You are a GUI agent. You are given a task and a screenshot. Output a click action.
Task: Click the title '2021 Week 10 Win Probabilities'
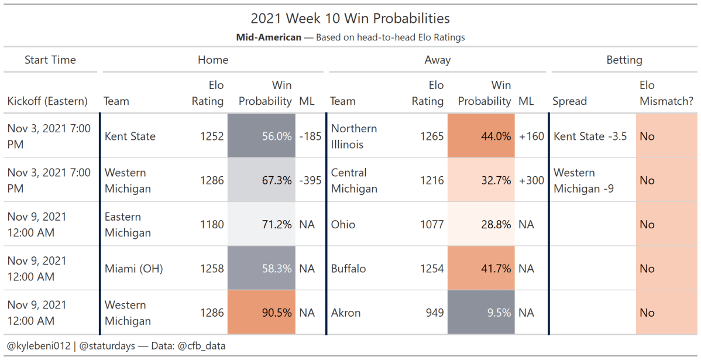[350, 19]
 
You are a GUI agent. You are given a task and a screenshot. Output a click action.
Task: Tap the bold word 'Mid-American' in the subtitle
[269, 37]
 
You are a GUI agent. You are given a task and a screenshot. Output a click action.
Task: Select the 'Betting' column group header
[624, 60]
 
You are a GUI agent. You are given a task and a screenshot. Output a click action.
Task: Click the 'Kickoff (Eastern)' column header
[47, 101]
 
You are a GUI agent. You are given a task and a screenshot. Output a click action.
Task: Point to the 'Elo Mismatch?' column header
[665, 94]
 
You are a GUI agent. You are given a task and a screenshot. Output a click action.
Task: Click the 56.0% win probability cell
[262, 136]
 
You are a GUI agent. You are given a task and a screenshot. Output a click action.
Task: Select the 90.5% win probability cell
[262, 313]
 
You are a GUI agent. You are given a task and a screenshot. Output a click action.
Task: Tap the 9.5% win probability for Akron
[481, 313]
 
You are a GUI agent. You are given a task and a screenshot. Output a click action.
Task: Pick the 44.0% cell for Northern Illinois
[481, 136]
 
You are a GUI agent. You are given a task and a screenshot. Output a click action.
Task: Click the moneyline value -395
[310, 180]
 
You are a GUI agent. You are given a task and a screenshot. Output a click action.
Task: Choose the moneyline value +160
[531, 136]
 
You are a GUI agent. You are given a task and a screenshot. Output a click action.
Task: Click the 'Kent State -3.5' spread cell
[590, 136]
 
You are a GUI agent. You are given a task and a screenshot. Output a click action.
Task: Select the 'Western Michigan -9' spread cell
[583, 180]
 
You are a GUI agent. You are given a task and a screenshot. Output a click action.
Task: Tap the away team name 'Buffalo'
[348, 269]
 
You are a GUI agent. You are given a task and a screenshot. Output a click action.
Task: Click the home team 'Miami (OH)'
[133, 269]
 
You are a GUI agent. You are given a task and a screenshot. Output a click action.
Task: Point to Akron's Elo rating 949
[434, 313]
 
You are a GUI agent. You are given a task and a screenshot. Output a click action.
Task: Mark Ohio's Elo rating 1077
[432, 224]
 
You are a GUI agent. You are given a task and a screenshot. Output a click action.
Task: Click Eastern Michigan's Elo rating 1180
[212, 224]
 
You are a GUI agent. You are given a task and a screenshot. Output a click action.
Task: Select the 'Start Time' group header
[50, 60]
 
